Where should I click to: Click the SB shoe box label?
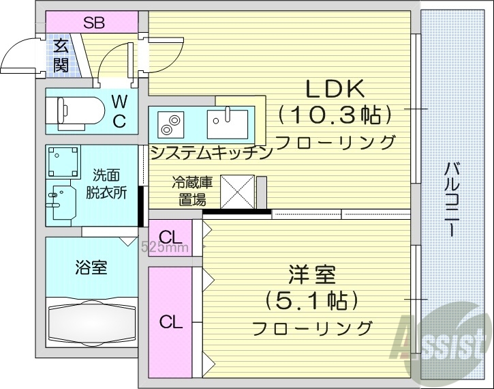94,22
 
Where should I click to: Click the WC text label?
119,112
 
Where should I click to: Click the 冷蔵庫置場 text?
192,192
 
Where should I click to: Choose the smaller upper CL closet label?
171,237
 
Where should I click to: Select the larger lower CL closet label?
170,321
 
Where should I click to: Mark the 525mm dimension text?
164,248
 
